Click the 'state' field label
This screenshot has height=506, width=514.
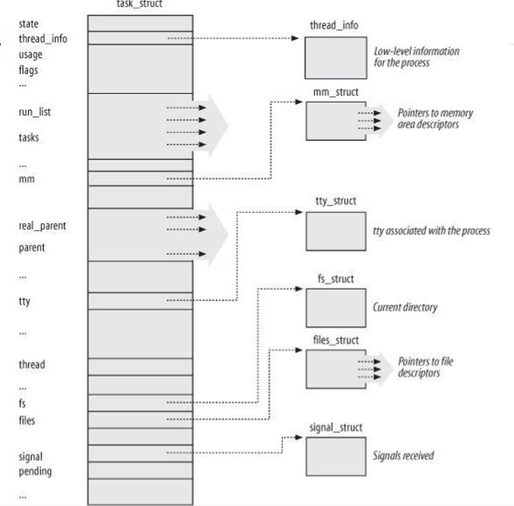28,24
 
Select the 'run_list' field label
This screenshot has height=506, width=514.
35,112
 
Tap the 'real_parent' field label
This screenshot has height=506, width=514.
42,226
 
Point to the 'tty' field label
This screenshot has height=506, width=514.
25,301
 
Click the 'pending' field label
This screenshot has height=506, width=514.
36,472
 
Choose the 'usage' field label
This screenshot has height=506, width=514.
31,55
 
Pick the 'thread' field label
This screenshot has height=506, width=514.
31,364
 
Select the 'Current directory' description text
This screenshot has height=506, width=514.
405,307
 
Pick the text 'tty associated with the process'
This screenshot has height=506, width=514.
432,231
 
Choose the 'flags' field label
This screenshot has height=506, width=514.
28,70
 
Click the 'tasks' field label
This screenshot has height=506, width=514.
29,137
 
